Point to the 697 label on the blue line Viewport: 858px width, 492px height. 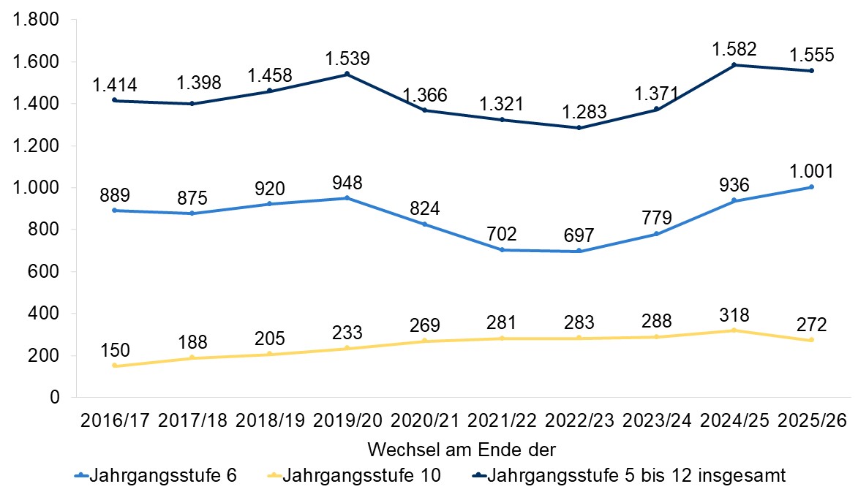pos(579,235)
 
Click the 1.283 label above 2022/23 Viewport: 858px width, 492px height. pos(579,112)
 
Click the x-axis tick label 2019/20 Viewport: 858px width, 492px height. pos(347,421)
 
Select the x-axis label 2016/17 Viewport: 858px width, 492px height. pos(116,421)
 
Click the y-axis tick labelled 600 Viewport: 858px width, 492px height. pos(43,272)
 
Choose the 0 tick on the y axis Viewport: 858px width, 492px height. pos(53,398)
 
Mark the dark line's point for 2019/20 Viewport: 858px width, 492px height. pos(347,74)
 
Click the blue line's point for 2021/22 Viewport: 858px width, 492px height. pos(502,250)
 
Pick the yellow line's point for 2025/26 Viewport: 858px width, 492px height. pos(811,340)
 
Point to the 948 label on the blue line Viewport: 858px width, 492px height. pos(347,182)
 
